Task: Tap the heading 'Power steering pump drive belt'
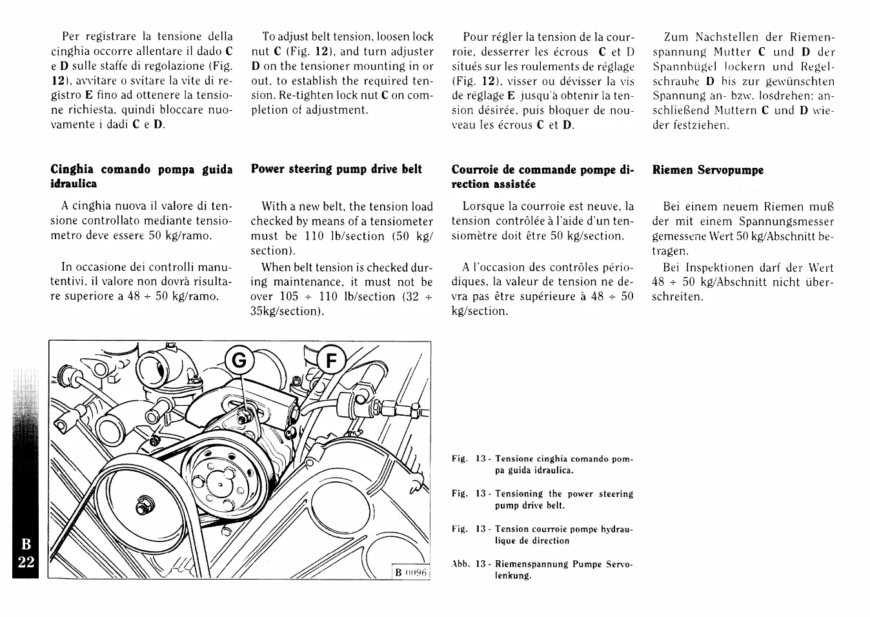tap(336, 169)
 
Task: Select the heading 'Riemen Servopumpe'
tap(707, 170)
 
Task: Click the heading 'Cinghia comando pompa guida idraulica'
tap(141, 176)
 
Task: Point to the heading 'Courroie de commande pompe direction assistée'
tap(543, 177)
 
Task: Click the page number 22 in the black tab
tap(26, 561)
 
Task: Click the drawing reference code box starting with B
tap(411, 573)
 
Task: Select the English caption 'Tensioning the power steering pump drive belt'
tap(543, 500)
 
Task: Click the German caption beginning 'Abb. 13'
tap(543, 569)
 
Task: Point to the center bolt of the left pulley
tap(141, 501)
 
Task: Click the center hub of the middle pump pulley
tap(220, 482)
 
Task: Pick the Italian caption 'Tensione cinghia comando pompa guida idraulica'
tap(543, 465)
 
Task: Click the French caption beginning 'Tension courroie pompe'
tap(543, 534)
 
